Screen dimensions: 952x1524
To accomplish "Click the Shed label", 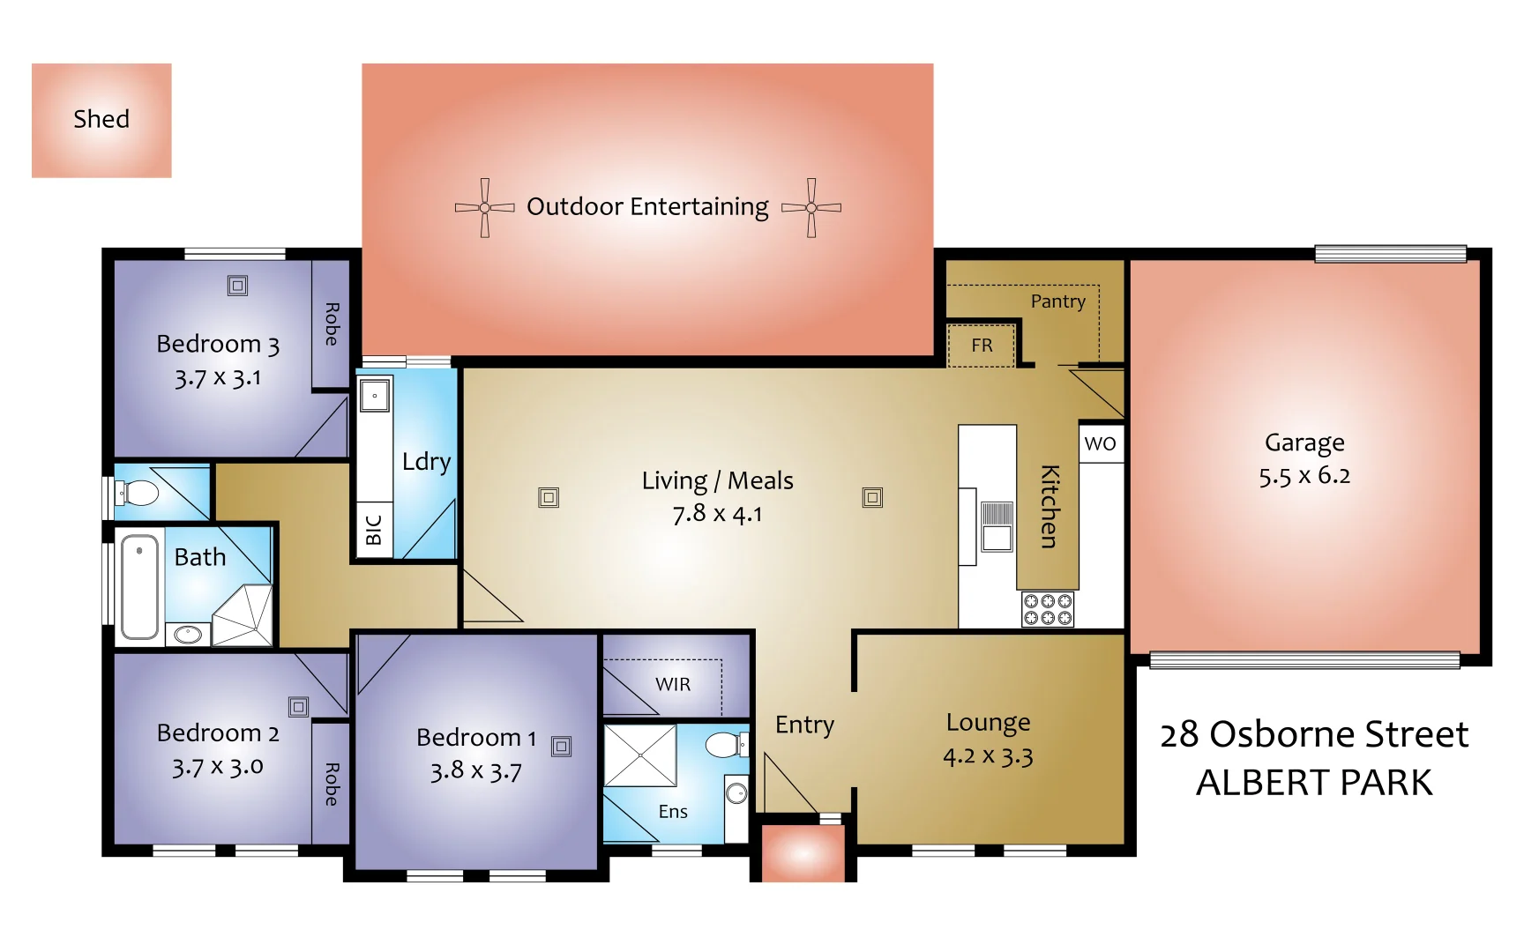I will point(101,119).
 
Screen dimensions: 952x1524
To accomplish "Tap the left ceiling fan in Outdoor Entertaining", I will point(484,208).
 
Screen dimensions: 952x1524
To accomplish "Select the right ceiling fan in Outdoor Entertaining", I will point(811,208).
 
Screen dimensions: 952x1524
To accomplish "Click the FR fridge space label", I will point(982,346).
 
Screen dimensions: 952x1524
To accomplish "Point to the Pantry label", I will point(1057,301).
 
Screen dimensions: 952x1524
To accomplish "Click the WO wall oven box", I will point(1100,443).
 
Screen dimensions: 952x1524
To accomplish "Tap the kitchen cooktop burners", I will point(1048,609).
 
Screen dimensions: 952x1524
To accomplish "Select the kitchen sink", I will point(997,526).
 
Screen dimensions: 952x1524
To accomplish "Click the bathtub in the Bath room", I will point(139,584).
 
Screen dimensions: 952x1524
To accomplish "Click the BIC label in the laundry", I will point(373,530).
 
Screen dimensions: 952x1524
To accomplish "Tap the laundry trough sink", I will point(375,396).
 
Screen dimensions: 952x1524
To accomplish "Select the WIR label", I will point(673,684).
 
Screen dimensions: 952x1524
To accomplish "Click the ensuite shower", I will point(639,755).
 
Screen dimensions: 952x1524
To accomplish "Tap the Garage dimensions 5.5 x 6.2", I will point(1304,476).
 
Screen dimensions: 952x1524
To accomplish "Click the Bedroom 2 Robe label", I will point(332,785).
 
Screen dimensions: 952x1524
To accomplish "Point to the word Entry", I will point(804,725).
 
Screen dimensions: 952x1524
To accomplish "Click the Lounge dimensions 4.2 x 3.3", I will point(988,756).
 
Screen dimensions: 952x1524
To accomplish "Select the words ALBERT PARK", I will point(1313,783).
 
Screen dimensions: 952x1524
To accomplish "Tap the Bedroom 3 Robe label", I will point(332,324).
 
